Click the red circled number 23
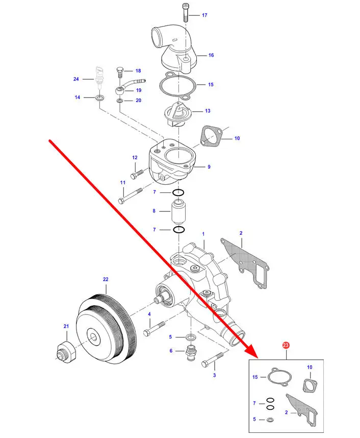point(286,346)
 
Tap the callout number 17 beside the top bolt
point(204,15)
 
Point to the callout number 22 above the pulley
point(106,279)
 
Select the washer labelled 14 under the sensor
point(98,96)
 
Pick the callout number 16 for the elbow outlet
point(211,55)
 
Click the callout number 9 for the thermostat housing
point(209,166)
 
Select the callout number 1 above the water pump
point(203,234)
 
